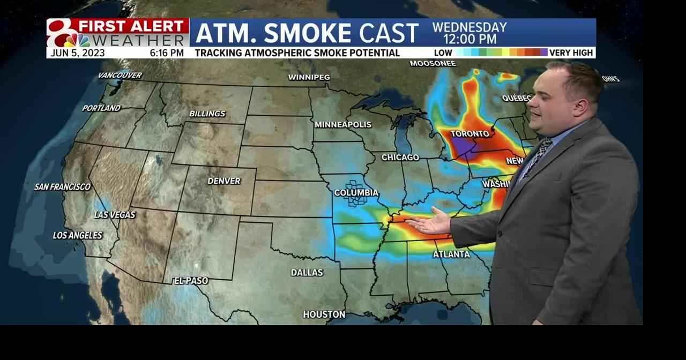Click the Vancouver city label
tap(120, 76)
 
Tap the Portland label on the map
tap(101, 108)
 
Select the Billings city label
tap(207, 114)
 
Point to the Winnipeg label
tap(309, 77)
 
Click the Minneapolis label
tap(343, 124)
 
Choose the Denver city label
tap(224, 181)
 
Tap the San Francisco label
tap(63, 187)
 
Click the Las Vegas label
tap(115, 215)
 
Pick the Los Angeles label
tap(78, 235)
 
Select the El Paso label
tap(191, 281)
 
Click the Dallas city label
tap(307, 273)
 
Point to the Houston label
tap(324, 314)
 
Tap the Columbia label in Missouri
tap(356, 193)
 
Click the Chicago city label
tap(400, 157)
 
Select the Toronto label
tap(470, 133)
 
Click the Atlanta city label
tap(451, 254)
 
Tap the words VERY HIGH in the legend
tap(571, 52)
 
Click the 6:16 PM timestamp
tap(167, 52)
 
